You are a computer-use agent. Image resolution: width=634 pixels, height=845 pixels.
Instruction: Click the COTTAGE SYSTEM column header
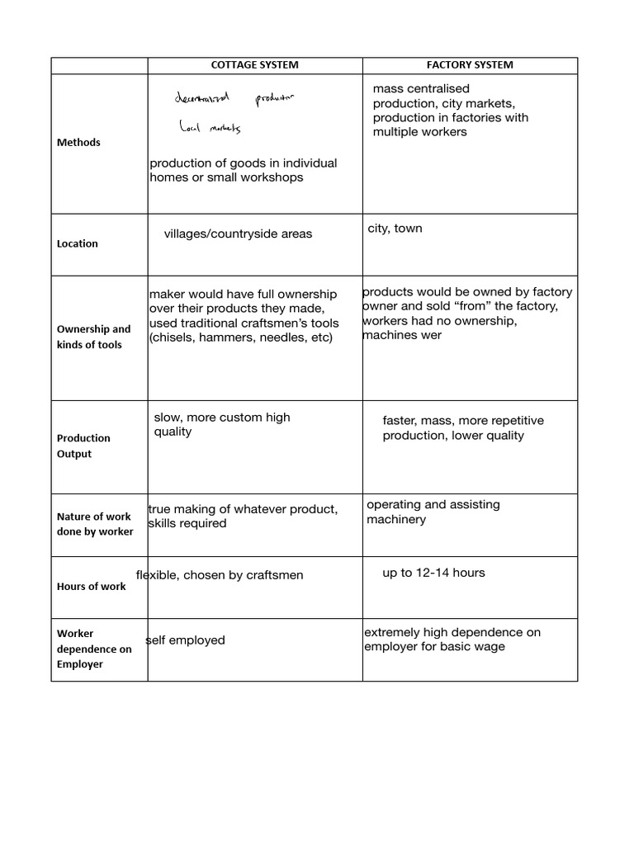pos(254,65)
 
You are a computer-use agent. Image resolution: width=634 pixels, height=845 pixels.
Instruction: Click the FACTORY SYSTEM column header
pos(469,65)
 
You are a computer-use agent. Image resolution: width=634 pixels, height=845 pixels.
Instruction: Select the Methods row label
pos(78,143)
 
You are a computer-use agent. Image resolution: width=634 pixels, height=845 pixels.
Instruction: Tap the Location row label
pos(77,244)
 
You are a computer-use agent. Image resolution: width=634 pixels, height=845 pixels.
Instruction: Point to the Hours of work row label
pos(91,587)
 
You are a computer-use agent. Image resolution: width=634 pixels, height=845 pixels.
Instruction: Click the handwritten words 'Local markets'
pos(209,128)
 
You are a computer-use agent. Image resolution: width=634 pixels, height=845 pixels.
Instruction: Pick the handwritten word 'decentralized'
pos(204,99)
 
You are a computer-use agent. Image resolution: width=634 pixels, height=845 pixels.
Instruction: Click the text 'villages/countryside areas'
pos(238,234)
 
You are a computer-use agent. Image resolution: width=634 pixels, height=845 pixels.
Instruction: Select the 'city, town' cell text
pos(395,229)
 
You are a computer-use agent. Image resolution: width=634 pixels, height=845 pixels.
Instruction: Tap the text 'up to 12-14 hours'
pos(433,573)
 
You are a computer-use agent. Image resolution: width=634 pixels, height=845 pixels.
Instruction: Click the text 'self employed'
pos(186,640)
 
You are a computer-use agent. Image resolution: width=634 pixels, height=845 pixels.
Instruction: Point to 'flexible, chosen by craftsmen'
pos(220,575)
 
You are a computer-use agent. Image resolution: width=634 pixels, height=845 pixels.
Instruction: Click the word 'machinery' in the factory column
pos(396,520)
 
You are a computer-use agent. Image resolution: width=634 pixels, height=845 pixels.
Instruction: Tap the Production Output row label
pos(83,446)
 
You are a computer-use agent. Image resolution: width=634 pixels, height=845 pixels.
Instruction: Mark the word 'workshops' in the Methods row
pos(274,177)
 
